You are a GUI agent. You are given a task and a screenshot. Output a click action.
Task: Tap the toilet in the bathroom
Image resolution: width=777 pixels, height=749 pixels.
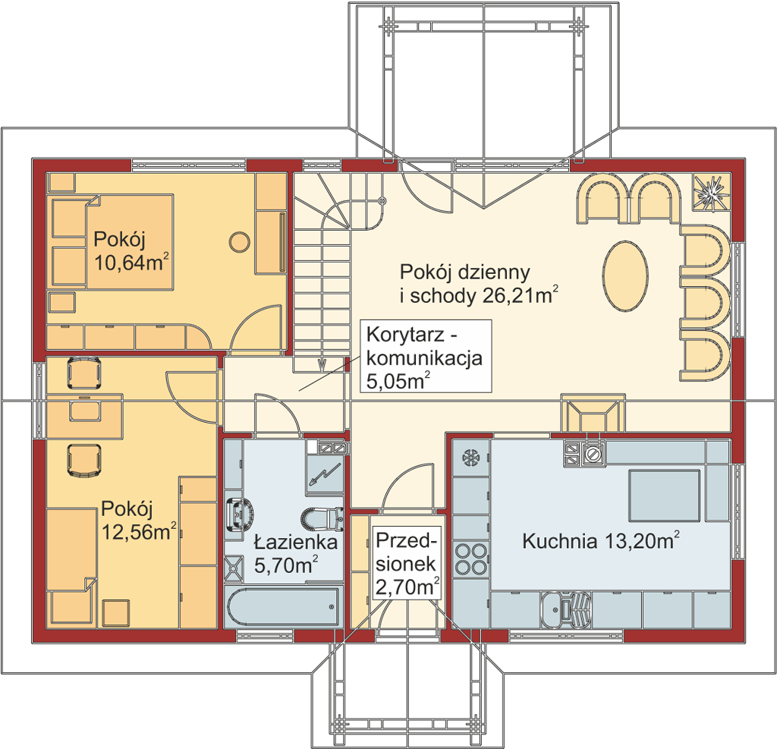click(x=322, y=519)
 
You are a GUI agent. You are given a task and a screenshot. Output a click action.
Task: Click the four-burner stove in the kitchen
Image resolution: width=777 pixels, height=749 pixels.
click(x=471, y=559)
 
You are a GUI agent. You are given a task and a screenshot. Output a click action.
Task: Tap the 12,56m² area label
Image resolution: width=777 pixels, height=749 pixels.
click(x=139, y=532)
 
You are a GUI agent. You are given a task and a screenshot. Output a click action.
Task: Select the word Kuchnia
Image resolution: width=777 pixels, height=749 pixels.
click(x=559, y=541)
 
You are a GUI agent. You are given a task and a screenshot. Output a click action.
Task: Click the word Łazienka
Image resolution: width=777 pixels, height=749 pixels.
click(x=295, y=542)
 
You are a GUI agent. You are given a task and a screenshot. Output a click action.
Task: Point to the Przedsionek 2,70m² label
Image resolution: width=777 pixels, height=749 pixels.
click(x=407, y=564)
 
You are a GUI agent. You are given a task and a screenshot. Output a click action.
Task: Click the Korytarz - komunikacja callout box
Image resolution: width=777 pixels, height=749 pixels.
click(x=426, y=355)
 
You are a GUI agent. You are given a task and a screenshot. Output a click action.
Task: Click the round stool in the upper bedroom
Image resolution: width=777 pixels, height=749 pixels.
click(x=240, y=242)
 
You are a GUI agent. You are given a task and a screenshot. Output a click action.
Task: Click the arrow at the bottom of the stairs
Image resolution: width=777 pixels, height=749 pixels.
click(x=321, y=365)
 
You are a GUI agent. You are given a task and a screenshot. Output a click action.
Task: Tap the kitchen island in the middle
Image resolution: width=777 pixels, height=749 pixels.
click(x=664, y=496)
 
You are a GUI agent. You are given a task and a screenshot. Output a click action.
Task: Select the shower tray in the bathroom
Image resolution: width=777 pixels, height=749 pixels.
click(x=234, y=568)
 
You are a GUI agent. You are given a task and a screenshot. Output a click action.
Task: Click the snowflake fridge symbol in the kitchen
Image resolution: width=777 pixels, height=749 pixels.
click(x=470, y=458)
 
